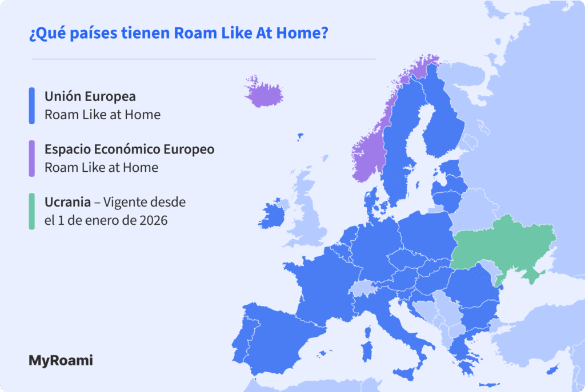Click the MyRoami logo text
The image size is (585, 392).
(x=61, y=361)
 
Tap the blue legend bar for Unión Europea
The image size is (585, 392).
(x=32, y=106)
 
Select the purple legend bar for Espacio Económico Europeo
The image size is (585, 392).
(x=32, y=159)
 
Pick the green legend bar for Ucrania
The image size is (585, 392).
(x=32, y=211)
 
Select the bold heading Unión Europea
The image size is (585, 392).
(x=90, y=96)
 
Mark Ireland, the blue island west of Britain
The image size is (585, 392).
(x=273, y=216)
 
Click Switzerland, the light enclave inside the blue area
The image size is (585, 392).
(x=360, y=287)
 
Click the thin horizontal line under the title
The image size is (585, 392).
(x=203, y=59)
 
